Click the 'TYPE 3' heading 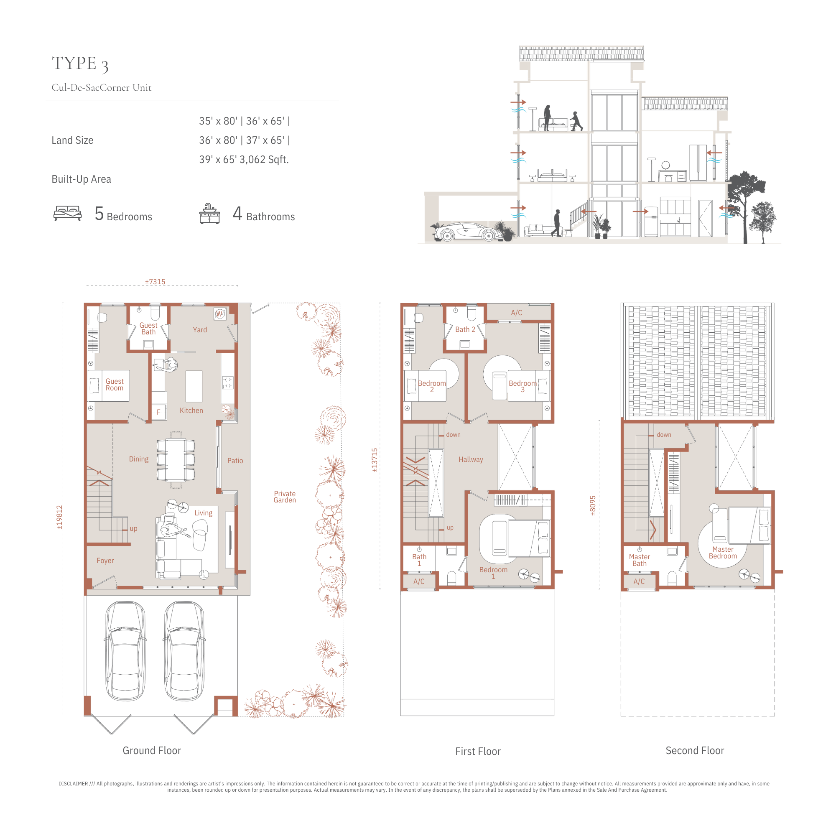[x=80, y=64]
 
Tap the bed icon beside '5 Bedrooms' [x=67, y=213]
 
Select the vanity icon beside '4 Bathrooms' [x=209, y=213]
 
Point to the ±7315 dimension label [x=155, y=282]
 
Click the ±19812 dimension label [x=60, y=517]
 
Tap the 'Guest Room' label [x=115, y=385]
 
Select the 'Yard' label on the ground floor [x=200, y=330]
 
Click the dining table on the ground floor [x=176, y=460]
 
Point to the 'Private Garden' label [x=285, y=497]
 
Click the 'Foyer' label [x=105, y=561]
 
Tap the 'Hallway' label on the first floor [x=471, y=459]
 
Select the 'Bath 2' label [x=465, y=329]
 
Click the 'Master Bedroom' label [x=723, y=553]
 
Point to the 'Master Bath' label [x=640, y=560]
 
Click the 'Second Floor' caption [x=694, y=750]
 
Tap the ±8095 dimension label [x=593, y=506]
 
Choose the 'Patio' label [x=235, y=461]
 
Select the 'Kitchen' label [x=191, y=410]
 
